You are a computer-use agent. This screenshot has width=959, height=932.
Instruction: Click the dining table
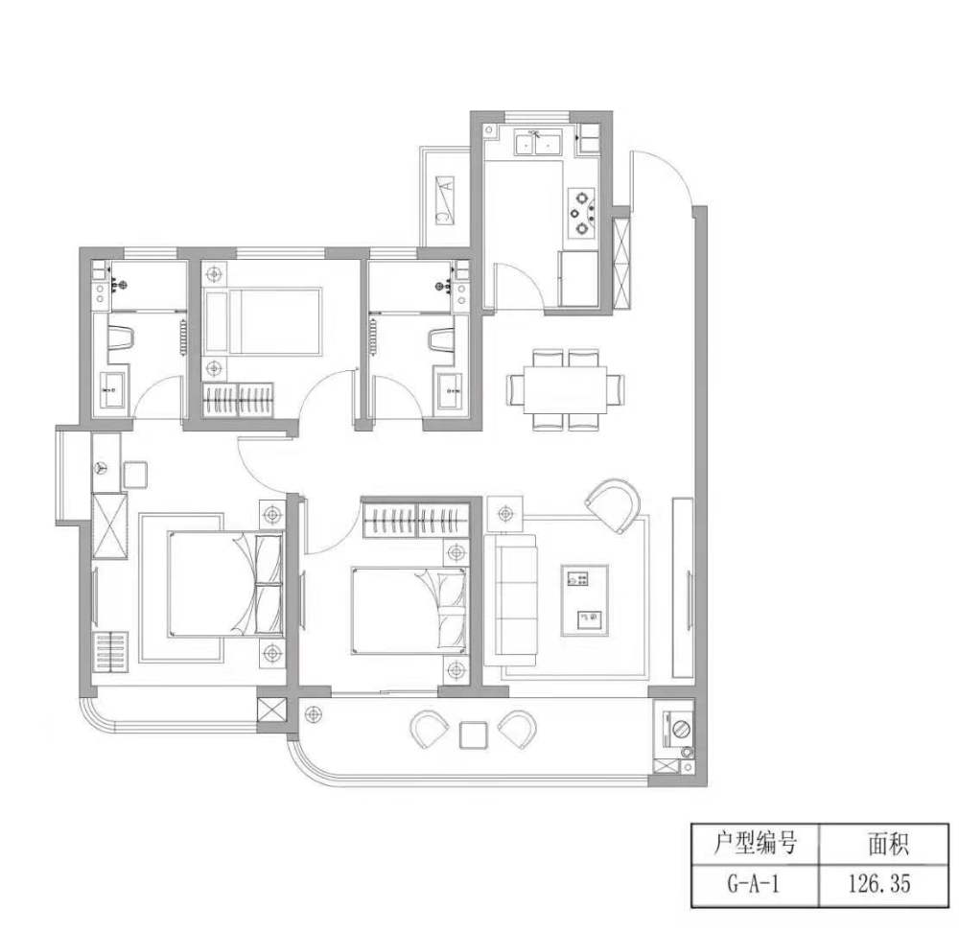565,389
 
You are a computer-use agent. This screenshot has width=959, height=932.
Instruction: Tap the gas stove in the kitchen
582,213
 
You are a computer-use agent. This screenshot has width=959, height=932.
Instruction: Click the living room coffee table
585,600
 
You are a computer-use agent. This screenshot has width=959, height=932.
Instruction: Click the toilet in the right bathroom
441,340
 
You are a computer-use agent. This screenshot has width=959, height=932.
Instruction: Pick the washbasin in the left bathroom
113,390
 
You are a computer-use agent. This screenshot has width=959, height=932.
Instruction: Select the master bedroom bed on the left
224,584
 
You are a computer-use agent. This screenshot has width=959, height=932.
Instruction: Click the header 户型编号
755,843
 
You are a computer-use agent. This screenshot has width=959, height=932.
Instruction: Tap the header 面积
888,844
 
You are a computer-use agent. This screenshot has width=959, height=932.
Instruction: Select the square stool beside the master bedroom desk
135,476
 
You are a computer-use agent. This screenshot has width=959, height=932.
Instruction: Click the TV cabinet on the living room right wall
683,588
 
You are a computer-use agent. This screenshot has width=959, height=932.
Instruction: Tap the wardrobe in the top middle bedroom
238,400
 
